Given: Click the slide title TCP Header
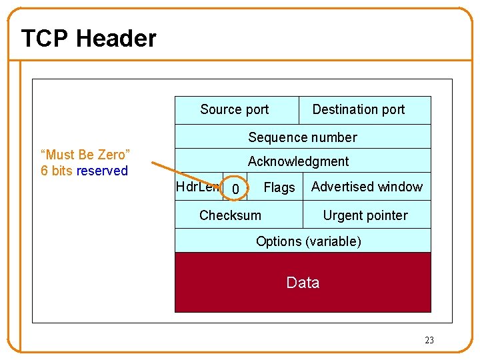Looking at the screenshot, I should (x=89, y=39).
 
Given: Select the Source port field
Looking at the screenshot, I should (x=234, y=109).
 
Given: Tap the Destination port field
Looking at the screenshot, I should (x=359, y=109).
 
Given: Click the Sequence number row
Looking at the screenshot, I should (x=303, y=137).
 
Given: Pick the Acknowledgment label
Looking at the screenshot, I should (x=298, y=161).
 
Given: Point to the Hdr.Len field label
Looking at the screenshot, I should (x=197, y=187).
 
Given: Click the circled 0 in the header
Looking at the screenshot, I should (x=235, y=190).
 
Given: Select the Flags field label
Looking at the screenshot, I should (x=279, y=188).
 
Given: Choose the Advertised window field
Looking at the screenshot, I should (x=367, y=187).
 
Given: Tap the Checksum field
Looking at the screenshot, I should (x=230, y=215).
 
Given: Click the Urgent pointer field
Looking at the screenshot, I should (x=365, y=215).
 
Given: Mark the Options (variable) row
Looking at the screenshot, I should (x=308, y=241).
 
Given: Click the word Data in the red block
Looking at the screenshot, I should (x=303, y=283).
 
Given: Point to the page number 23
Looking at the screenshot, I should (x=429, y=340).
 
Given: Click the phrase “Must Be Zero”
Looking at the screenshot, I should (x=85, y=155).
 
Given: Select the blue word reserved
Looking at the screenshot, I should (x=102, y=171).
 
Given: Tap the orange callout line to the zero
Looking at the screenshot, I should (x=187, y=174).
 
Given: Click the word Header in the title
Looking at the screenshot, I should (x=116, y=39).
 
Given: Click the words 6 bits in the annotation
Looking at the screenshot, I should (x=56, y=171).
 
